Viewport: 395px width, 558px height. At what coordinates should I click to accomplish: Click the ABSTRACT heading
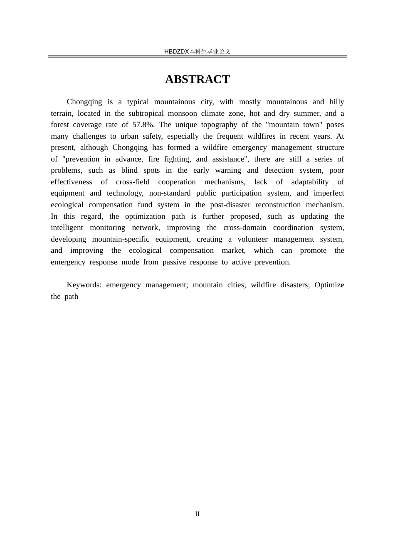coord(197,79)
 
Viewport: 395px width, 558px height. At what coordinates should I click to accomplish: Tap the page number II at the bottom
coord(197,514)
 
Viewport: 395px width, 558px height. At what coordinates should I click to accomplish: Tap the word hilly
coord(336,102)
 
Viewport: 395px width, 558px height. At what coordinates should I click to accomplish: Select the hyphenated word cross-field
coord(133,182)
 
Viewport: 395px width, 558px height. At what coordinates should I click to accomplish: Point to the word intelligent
coord(67,228)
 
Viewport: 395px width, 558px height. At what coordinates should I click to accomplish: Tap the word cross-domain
coord(244,228)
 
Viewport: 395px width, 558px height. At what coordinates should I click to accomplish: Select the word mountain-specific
coord(121,239)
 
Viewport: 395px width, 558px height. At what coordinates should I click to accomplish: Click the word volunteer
coord(252,239)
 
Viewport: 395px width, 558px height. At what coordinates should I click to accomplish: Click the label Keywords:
coord(84,285)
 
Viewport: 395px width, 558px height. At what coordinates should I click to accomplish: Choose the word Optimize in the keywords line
coord(329,285)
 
